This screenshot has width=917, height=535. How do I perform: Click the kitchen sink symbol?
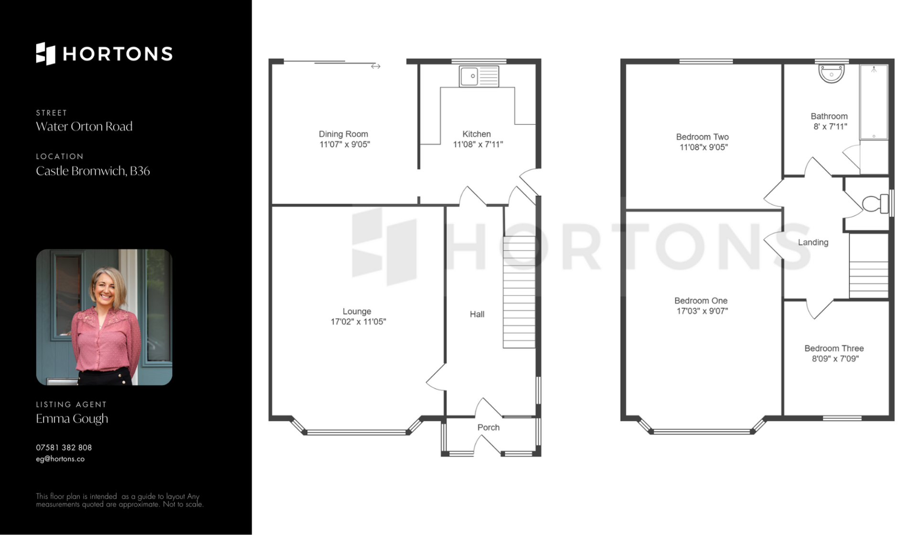[479, 76]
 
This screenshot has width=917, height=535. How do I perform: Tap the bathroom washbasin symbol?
[832, 74]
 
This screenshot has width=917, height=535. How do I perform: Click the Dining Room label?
[343, 134]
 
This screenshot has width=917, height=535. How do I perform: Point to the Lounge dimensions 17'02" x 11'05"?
[358, 322]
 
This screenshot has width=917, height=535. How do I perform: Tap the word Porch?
[489, 427]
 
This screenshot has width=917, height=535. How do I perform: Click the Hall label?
[477, 314]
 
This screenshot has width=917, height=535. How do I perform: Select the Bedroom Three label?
[834, 349]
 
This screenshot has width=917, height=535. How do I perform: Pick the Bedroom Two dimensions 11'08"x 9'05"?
[704, 147]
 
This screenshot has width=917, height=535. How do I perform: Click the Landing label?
[813, 242]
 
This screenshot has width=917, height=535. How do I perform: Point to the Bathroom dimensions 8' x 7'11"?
[830, 127]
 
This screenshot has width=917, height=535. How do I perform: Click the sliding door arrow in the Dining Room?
[375, 66]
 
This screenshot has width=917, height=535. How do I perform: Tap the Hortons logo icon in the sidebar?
[46, 54]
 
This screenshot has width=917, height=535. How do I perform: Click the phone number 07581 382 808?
[64, 448]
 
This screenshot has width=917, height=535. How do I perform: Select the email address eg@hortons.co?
[60, 459]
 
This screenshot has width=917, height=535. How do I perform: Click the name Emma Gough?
[72, 419]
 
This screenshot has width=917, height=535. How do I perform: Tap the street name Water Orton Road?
[84, 126]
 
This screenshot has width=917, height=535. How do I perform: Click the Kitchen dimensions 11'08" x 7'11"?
[478, 144]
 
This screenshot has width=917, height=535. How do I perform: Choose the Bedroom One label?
[701, 301]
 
